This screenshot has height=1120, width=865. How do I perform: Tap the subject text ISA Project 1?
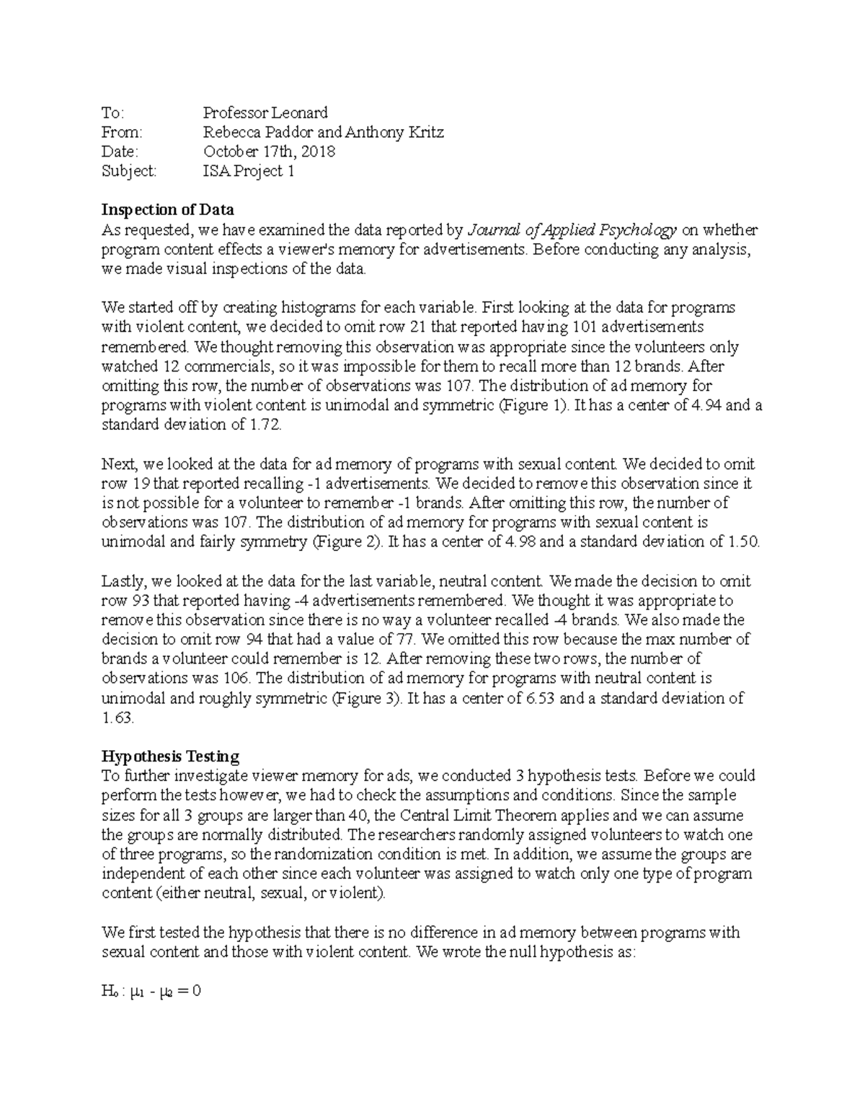(x=248, y=171)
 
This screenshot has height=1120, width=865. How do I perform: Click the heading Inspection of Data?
(x=167, y=210)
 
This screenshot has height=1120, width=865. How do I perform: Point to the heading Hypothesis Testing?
(x=170, y=757)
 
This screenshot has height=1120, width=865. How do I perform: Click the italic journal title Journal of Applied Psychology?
(x=572, y=230)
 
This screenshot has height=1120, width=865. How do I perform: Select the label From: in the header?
(x=122, y=132)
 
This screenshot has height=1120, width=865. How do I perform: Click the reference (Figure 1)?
(x=533, y=405)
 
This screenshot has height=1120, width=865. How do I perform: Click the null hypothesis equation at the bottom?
(x=151, y=992)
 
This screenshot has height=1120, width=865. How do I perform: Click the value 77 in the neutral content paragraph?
(x=406, y=639)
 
